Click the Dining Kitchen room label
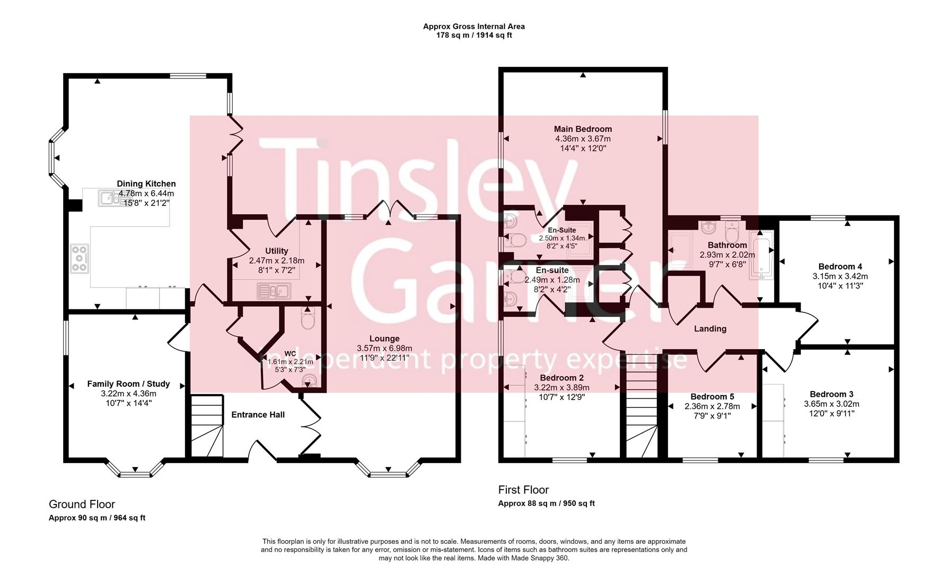pos(146,184)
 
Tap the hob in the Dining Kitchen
pos(80,258)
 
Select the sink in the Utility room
pos(273,291)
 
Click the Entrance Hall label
pos(258,414)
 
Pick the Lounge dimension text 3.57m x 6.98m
pos(384,348)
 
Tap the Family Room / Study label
pos(128,384)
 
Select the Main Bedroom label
pos(583,129)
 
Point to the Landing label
pos(710,329)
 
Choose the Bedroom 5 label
pos(712,396)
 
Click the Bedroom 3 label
pos(831,394)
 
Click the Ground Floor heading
pos(82,504)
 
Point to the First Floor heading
pos(523,490)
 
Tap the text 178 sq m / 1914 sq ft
pos(474,36)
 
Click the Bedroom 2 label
pos(561,378)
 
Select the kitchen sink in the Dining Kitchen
pos(111,198)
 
